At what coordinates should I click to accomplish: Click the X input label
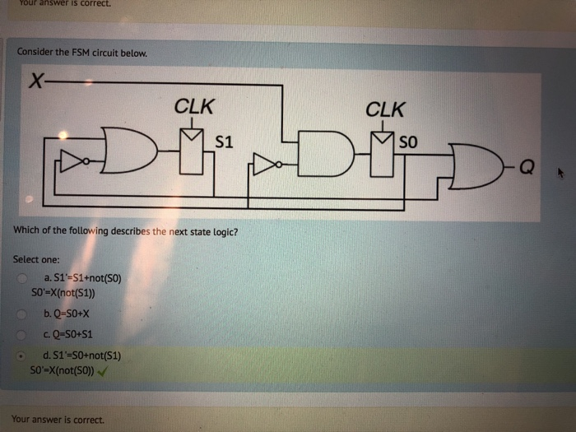(35, 81)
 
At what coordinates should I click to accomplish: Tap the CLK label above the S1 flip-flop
(195, 106)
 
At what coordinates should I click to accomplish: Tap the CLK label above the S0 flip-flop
(385, 109)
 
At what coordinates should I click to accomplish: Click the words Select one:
(36, 258)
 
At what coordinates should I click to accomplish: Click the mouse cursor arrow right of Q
(561, 174)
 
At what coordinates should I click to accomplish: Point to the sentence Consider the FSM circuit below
(82, 53)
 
